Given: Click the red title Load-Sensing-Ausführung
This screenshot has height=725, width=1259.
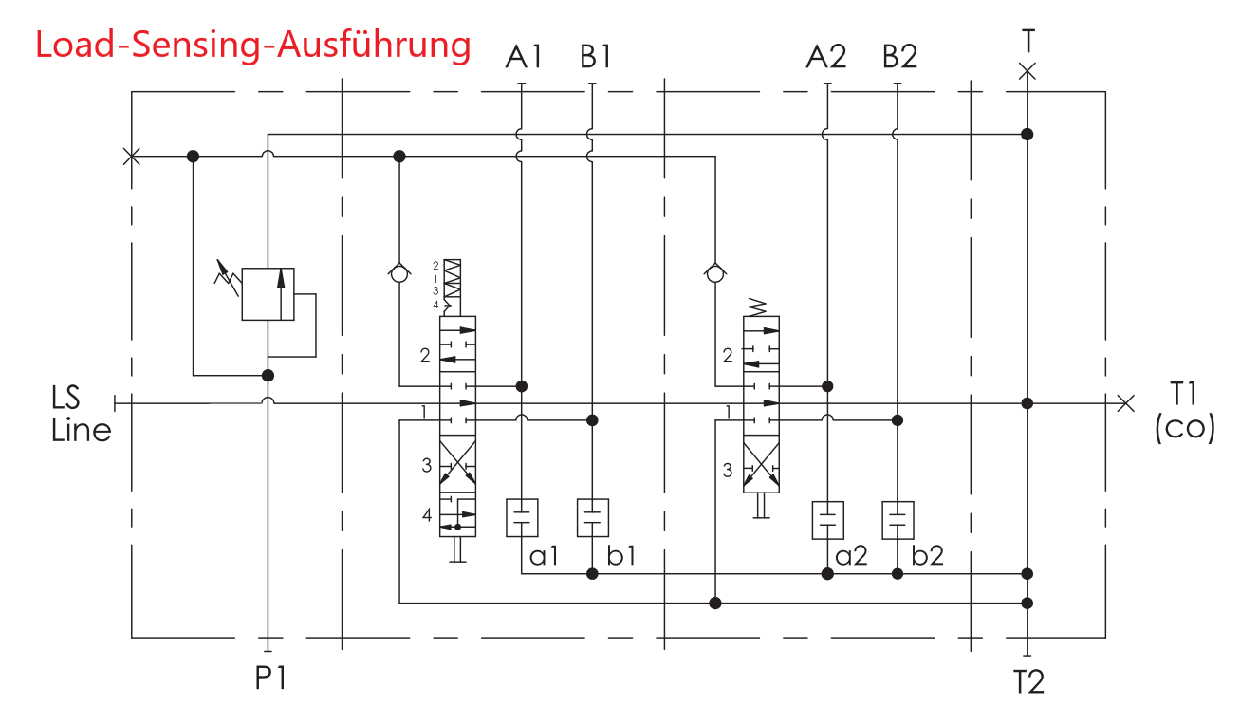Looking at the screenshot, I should [x=253, y=46].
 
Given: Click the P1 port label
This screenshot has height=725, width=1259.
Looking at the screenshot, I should [x=270, y=679].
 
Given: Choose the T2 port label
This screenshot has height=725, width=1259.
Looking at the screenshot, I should [x=1028, y=681].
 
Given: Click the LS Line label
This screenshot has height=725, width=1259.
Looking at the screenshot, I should [x=80, y=416].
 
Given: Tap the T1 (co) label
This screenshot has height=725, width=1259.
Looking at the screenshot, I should [x=1185, y=416].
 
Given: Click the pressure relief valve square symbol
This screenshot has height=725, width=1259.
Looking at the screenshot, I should [x=268, y=294].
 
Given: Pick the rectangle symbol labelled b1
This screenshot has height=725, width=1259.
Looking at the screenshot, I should [x=593, y=518].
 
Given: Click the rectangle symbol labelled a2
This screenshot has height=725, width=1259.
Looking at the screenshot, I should [x=827, y=520].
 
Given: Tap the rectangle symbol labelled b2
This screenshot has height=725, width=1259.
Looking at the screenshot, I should [x=898, y=520].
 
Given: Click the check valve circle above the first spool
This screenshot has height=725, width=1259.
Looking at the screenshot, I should [x=399, y=272].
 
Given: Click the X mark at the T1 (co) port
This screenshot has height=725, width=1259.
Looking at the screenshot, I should [x=1125, y=403].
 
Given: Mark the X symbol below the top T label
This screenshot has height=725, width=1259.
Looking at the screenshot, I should [x=1027, y=71].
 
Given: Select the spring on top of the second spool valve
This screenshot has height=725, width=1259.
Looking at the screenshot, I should [x=759, y=307].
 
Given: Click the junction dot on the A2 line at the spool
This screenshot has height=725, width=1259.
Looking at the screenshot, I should [x=827, y=386].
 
